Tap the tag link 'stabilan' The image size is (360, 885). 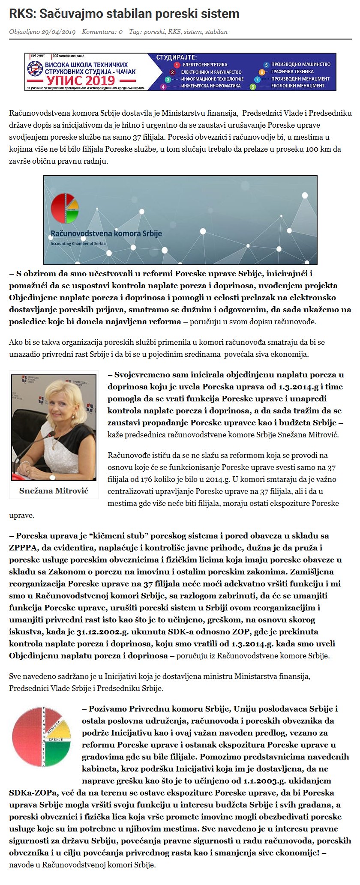point(216,32)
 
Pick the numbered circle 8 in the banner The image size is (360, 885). point(253,87)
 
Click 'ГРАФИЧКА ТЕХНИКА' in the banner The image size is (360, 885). point(292,72)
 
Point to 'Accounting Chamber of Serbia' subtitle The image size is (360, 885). point(78,243)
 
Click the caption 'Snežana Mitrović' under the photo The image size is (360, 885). point(54,490)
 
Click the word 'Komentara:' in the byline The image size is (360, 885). point(99,32)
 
